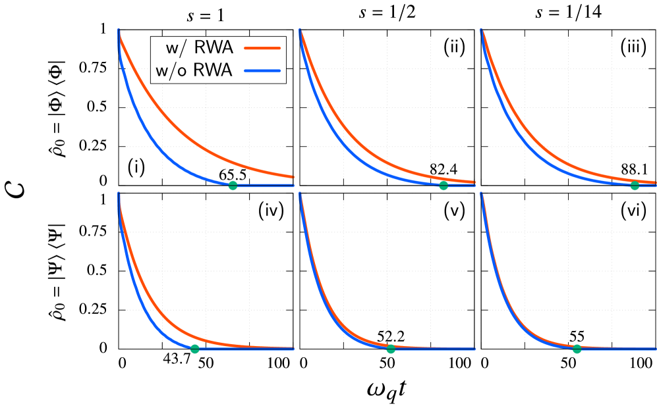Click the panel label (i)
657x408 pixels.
(136, 168)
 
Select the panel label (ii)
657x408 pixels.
(453, 48)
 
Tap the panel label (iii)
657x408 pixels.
(633, 48)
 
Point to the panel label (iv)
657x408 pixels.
(271, 211)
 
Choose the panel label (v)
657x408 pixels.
(453, 211)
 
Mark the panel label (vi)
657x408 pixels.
(633, 211)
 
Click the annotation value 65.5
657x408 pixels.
(233, 174)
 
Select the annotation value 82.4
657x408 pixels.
(443, 170)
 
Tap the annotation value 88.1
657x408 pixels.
(635, 170)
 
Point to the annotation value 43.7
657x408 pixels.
(177, 359)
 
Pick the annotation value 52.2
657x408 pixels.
(391, 336)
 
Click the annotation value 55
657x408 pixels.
(577, 336)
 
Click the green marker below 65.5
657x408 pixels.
(233, 186)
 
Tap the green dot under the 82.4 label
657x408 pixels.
(443, 186)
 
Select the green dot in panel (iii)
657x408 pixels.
(635, 186)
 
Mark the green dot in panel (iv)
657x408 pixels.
(194, 349)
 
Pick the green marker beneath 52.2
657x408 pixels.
(391, 349)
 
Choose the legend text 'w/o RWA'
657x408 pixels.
(193, 70)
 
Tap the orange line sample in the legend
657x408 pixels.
(262, 48)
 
